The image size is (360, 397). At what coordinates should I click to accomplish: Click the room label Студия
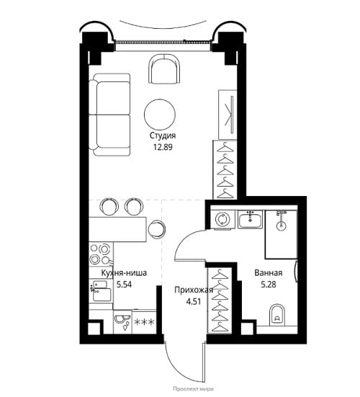coord(163,135)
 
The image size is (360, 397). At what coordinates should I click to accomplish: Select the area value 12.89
coord(163,147)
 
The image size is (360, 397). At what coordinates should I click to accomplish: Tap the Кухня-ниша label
coord(124,273)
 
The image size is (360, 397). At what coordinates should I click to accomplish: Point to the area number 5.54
coord(124,285)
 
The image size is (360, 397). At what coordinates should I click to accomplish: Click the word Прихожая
coord(194,290)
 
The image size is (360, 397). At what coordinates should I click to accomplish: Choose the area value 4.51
coord(194,302)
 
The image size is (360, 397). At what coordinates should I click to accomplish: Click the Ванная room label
coord(269,273)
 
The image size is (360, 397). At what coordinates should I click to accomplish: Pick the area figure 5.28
coord(269,285)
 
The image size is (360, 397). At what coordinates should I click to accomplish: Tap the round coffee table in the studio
coord(160,115)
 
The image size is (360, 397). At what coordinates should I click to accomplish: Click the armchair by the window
coord(164,69)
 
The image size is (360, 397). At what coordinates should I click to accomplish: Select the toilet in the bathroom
coord(277,314)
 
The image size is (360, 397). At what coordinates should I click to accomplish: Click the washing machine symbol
coord(222,219)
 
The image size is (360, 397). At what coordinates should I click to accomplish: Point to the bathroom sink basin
coord(251,220)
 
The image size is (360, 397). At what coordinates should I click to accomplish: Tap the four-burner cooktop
coord(101,254)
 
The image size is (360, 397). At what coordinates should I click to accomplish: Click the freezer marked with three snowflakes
coord(144,322)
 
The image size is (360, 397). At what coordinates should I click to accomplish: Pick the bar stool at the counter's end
coord(156,229)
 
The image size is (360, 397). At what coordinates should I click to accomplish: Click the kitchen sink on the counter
coord(101,291)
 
